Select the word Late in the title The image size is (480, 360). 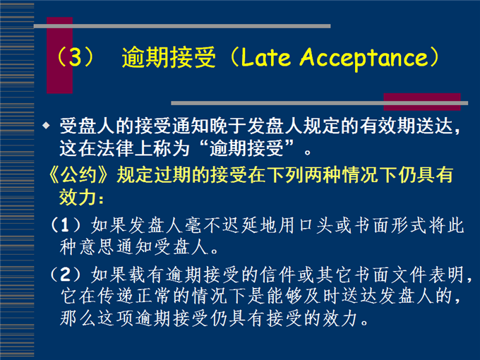(x=265, y=57)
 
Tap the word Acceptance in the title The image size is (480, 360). (x=363, y=58)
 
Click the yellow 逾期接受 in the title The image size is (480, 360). (x=169, y=57)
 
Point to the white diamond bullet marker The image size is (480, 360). (x=46, y=125)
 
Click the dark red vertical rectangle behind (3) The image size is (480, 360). (x=60, y=55)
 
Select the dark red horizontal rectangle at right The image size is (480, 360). (x=422, y=102)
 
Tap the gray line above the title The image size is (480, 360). (x=182, y=26)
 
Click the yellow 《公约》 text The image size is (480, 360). (x=78, y=175)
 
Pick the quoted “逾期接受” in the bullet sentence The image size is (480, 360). (x=247, y=148)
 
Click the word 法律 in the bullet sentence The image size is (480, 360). (x=115, y=148)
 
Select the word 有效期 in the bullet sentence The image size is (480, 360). (x=388, y=126)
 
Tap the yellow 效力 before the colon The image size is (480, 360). (x=78, y=196)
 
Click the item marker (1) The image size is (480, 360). (x=65, y=225)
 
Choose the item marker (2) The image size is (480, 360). (x=65, y=275)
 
